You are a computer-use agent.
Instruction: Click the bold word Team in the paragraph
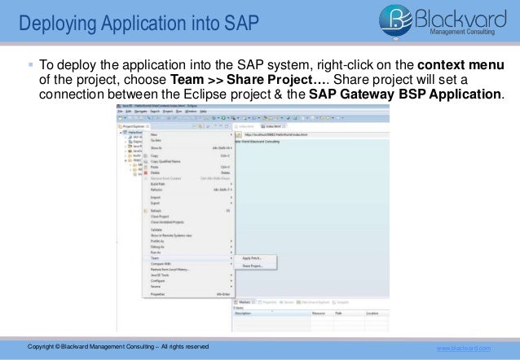point(187,81)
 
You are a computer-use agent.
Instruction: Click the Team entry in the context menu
point(156,258)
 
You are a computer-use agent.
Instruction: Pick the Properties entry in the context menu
point(160,293)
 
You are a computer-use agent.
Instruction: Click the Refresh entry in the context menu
point(157,209)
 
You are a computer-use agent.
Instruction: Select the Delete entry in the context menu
point(156,172)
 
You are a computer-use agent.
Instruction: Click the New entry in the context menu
point(154,134)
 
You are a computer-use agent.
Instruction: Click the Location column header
point(372,313)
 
